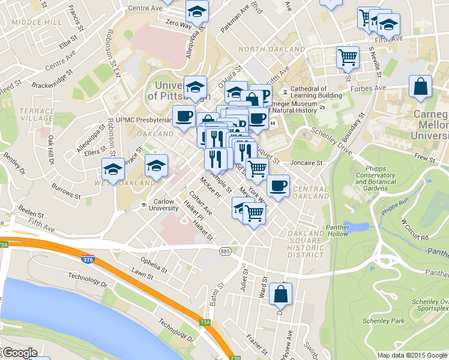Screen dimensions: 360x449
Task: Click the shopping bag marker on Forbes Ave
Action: pos(420,87)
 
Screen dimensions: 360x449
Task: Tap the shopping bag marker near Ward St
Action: pos(280,294)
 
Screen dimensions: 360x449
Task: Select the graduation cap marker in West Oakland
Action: pos(112,169)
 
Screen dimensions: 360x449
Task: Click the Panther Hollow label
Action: pos(337,230)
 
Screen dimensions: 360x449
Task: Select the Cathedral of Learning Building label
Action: pos(316,92)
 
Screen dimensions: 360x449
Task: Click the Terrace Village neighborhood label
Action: pos(36,115)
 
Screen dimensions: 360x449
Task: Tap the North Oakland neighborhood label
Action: pos(271,49)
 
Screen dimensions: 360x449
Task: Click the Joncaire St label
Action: pos(307,162)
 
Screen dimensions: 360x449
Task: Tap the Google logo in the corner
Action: pos(19,353)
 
